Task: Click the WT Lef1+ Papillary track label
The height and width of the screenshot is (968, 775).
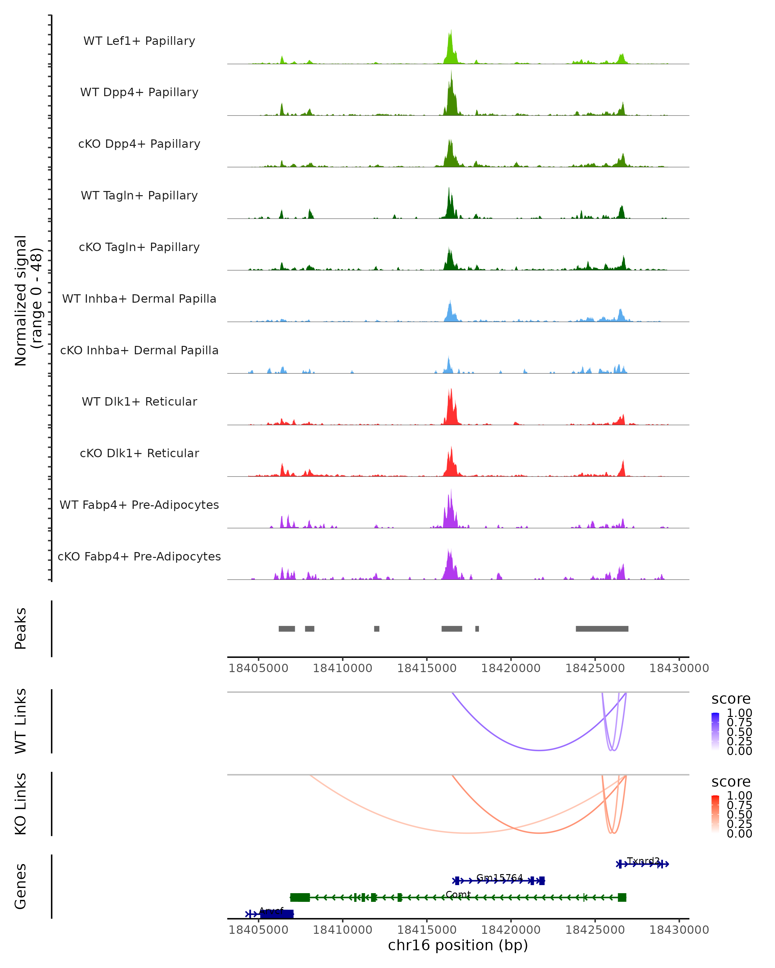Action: (139, 41)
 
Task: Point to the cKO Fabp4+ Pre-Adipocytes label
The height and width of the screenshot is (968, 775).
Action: (139, 556)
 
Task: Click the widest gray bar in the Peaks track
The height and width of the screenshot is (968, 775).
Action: (602, 629)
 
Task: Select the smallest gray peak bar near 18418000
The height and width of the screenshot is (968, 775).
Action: (477, 629)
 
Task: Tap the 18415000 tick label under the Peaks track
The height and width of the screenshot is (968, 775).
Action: (427, 668)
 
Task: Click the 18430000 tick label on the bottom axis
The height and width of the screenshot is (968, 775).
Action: (679, 930)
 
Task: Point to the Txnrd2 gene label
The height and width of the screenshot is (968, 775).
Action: (643, 861)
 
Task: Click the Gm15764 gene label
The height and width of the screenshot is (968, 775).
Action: (500, 877)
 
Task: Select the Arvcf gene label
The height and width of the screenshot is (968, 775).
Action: (271, 911)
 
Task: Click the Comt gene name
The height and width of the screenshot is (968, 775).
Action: (458, 894)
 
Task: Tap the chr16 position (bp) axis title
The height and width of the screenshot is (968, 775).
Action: (458, 945)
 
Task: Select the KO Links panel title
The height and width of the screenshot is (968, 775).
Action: (21, 804)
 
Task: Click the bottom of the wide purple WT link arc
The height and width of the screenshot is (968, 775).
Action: (539, 750)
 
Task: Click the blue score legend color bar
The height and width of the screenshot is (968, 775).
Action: (715, 731)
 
